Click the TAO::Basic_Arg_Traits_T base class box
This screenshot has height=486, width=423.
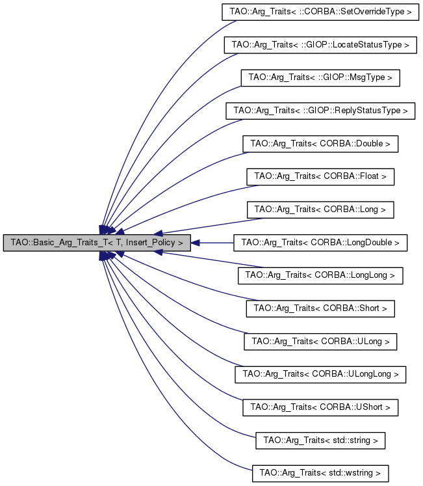pyautogui.click(x=97, y=243)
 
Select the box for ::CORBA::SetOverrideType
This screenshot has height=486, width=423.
pyautogui.click(x=320, y=12)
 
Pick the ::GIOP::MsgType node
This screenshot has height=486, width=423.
pyautogui.click(x=320, y=77)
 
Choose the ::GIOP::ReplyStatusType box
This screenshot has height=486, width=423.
pyautogui.click(x=320, y=111)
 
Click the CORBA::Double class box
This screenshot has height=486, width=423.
pyautogui.click(x=320, y=144)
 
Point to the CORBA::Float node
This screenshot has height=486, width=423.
pyautogui.click(x=320, y=176)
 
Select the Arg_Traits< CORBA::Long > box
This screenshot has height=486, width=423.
pyautogui.click(x=320, y=209)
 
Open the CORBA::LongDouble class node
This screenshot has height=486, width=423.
pyautogui.click(x=320, y=243)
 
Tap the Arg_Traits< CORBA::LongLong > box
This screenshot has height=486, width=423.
pyautogui.click(x=320, y=275)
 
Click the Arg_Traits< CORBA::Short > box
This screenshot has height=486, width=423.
pyautogui.click(x=320, y=308)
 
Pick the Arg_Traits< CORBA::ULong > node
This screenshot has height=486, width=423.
pyautogui.click(x=320, y=341)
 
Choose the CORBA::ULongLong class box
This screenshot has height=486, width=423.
pyautogui.click(x=320, y=374)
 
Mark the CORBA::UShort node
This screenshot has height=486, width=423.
pyautogui.click(x=320, y=407)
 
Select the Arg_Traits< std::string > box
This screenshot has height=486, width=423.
pyautogui.click(x=320, y=440)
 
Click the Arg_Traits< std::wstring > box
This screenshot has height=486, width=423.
pyautogui.click(x=320, y=473)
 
